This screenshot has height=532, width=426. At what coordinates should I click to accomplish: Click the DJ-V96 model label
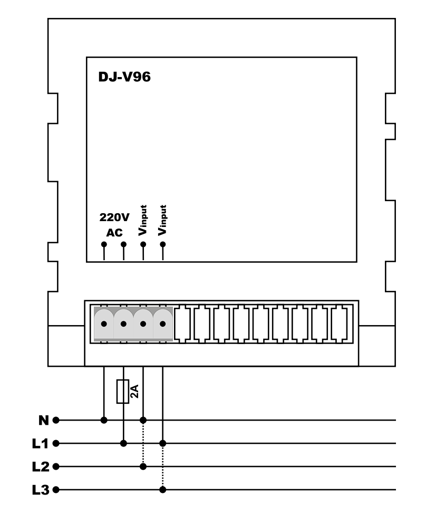click(124, 77)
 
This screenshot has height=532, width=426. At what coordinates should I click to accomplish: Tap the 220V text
click(114, 217)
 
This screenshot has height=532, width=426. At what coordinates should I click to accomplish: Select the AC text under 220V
click(114, 233)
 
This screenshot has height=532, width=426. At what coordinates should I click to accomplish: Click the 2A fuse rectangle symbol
click(123, 392)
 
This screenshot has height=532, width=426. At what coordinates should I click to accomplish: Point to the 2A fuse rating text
click(134, 391)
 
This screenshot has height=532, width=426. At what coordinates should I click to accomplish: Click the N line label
click(44, 420)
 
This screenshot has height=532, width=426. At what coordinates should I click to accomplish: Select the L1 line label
click(40, 443)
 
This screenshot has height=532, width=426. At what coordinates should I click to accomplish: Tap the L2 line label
click(41, 467)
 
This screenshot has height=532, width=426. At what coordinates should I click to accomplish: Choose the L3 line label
click(41, 490)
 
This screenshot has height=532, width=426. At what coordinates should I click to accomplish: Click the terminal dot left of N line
click(56, 420)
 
